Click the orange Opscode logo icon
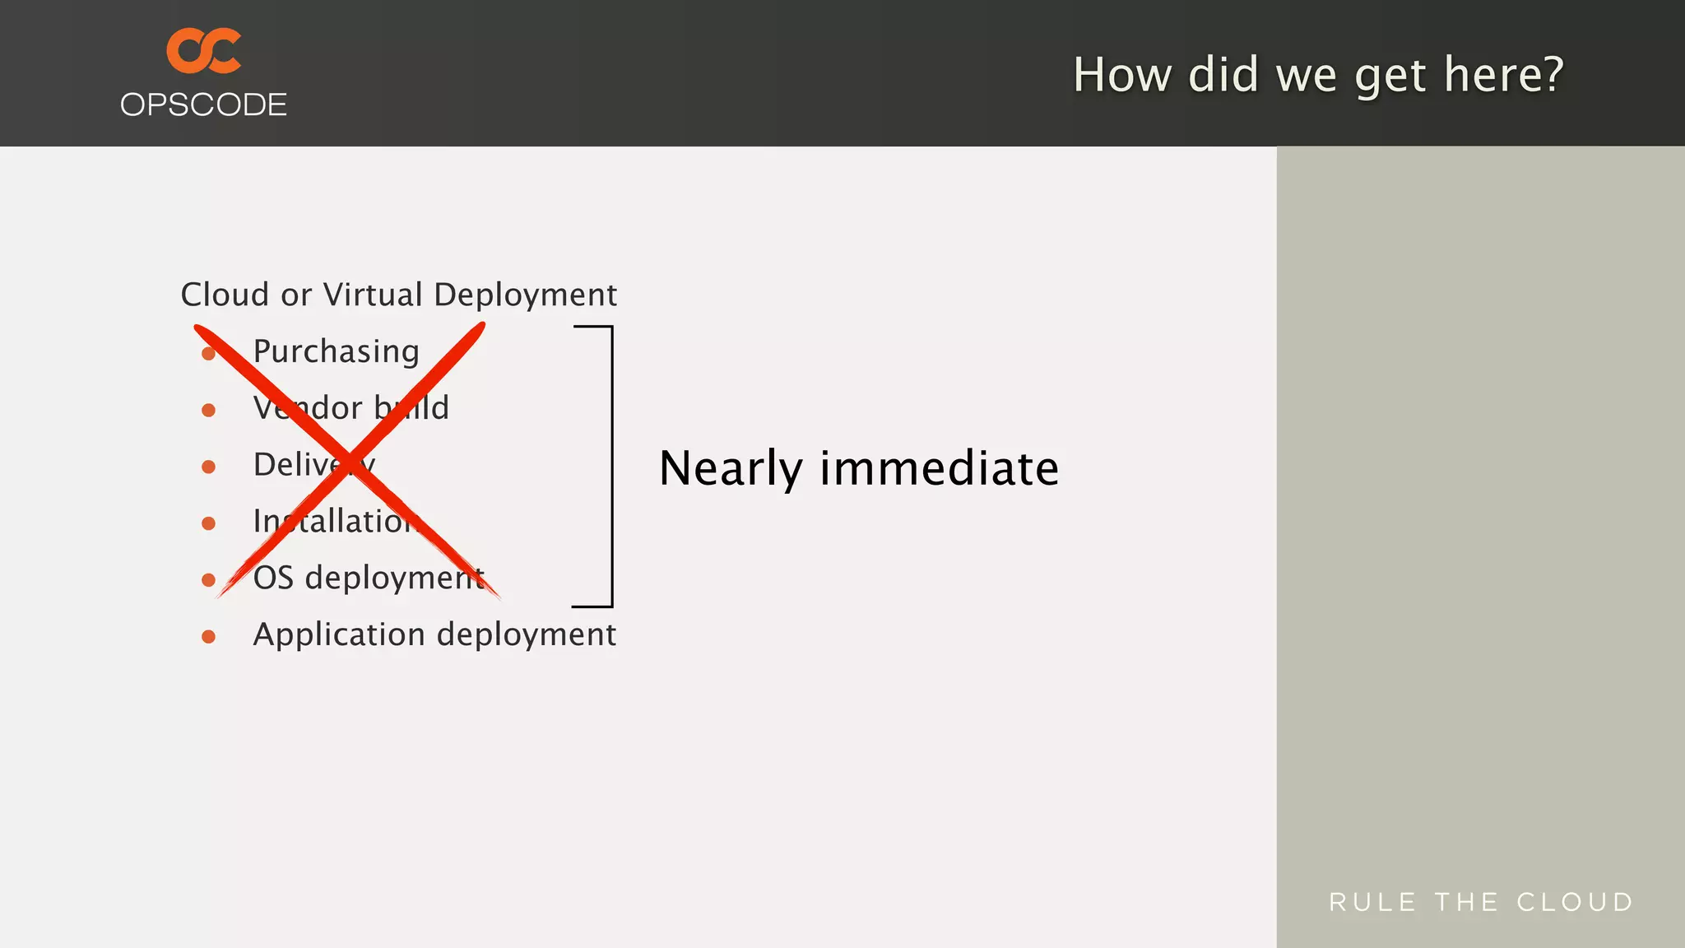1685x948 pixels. point(203,51)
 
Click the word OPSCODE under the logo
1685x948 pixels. point(203,105)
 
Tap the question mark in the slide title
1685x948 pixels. point(1548,74)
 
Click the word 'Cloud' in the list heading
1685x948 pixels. point(225,295)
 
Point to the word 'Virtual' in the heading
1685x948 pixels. point(372,295)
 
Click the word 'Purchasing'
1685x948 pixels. point(336,352)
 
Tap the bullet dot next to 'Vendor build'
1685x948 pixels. point(209,410)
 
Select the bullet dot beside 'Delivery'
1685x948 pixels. point(209,467)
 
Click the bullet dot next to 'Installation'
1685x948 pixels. point(209,523)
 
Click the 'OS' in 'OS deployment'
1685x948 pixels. point(273,578)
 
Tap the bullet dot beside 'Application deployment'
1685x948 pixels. point(209,637)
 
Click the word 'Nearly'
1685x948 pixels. point(731,469)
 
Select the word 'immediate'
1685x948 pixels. point(940,468)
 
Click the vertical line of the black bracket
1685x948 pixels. point(612,467)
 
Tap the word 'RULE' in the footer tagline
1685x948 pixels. point(1372,902)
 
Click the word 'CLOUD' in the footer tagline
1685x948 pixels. point(1575,902)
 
